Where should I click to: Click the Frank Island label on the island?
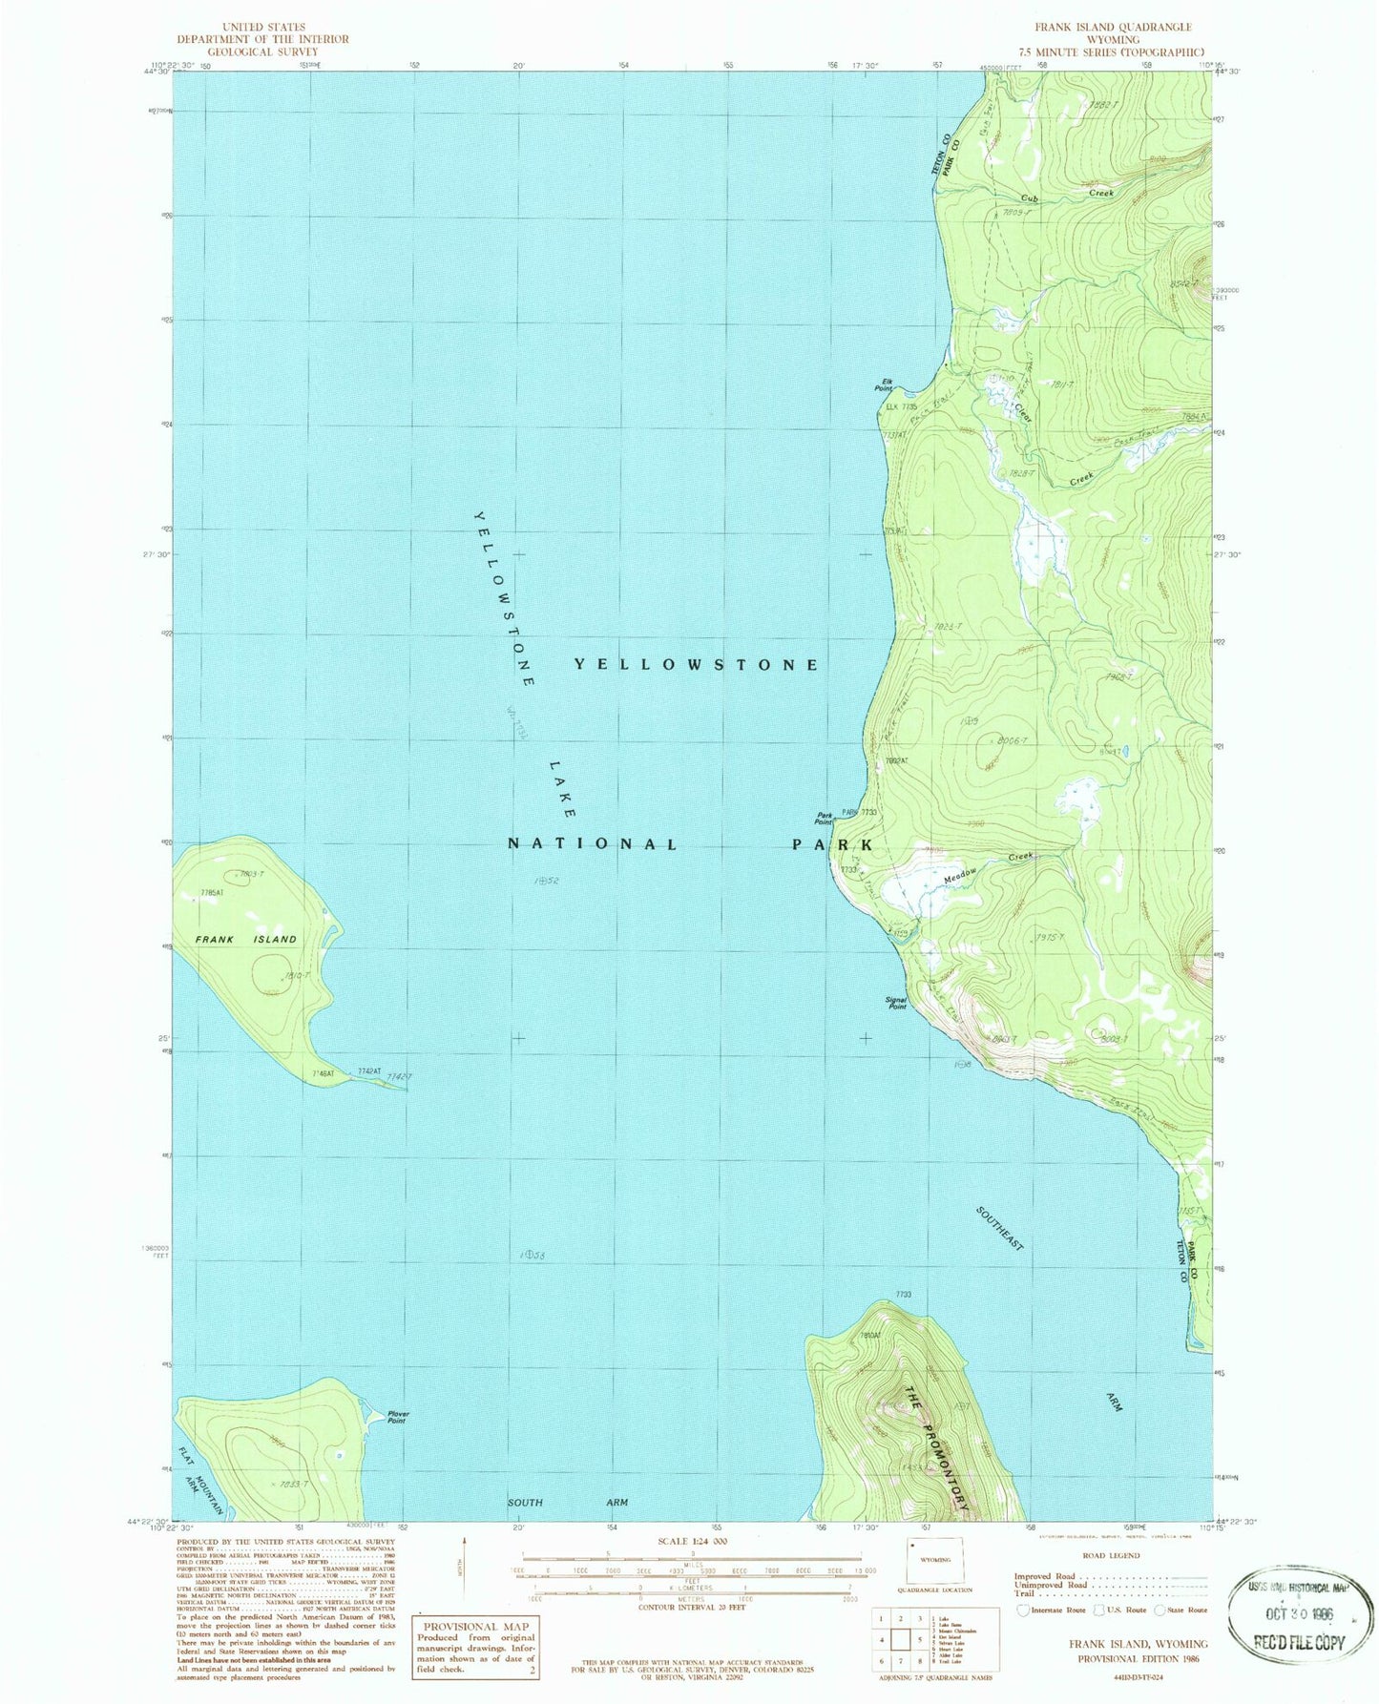[246, 939]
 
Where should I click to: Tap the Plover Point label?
[397, 1418]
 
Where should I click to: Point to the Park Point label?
[824, 818]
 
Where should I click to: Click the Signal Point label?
[896, 1003]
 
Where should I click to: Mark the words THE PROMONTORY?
[936, 1449]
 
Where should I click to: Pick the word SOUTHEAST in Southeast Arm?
[1000, 1229]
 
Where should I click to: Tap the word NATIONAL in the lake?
[593, 844]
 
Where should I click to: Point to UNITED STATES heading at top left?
[262, 28]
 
